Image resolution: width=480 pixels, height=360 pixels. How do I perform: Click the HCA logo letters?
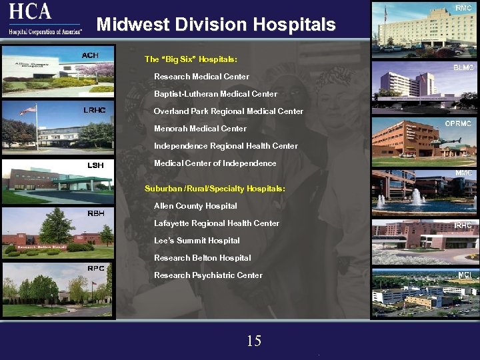[x=31, y=11]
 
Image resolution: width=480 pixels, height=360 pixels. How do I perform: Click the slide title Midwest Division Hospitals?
[x=216, y=25]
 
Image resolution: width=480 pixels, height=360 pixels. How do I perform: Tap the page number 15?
[x=254, y=341]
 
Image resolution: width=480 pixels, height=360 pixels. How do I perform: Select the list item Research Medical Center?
[x=201, y=77]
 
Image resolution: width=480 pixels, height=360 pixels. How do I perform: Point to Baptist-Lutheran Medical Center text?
[x=215, y=94]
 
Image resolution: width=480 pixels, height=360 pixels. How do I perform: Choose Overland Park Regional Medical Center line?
[x=228, y=111]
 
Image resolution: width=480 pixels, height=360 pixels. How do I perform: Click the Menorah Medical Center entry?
[x=200, y=129]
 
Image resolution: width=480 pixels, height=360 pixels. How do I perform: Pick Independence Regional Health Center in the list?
[x=225, y=146]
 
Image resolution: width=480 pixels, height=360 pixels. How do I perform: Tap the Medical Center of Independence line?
[x=215, y=163]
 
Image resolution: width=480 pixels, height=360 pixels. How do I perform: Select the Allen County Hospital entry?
[x=195, y=206]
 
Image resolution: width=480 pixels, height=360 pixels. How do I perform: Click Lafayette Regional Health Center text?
[x=217, y=223]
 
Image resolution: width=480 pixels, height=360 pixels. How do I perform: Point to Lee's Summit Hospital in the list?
[x=197, y=241]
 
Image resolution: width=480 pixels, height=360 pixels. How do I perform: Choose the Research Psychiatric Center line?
[x=208, y=275]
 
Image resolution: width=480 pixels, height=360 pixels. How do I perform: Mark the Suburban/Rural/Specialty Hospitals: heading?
[x=215, y=189]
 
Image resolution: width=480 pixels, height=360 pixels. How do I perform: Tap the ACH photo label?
[x=90, y=55]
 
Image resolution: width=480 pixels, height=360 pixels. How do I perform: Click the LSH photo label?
[x=95, y=165]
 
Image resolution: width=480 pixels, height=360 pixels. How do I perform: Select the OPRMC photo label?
[x=458, y=123]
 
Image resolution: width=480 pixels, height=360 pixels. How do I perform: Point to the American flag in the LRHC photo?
[x=27, y=111]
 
